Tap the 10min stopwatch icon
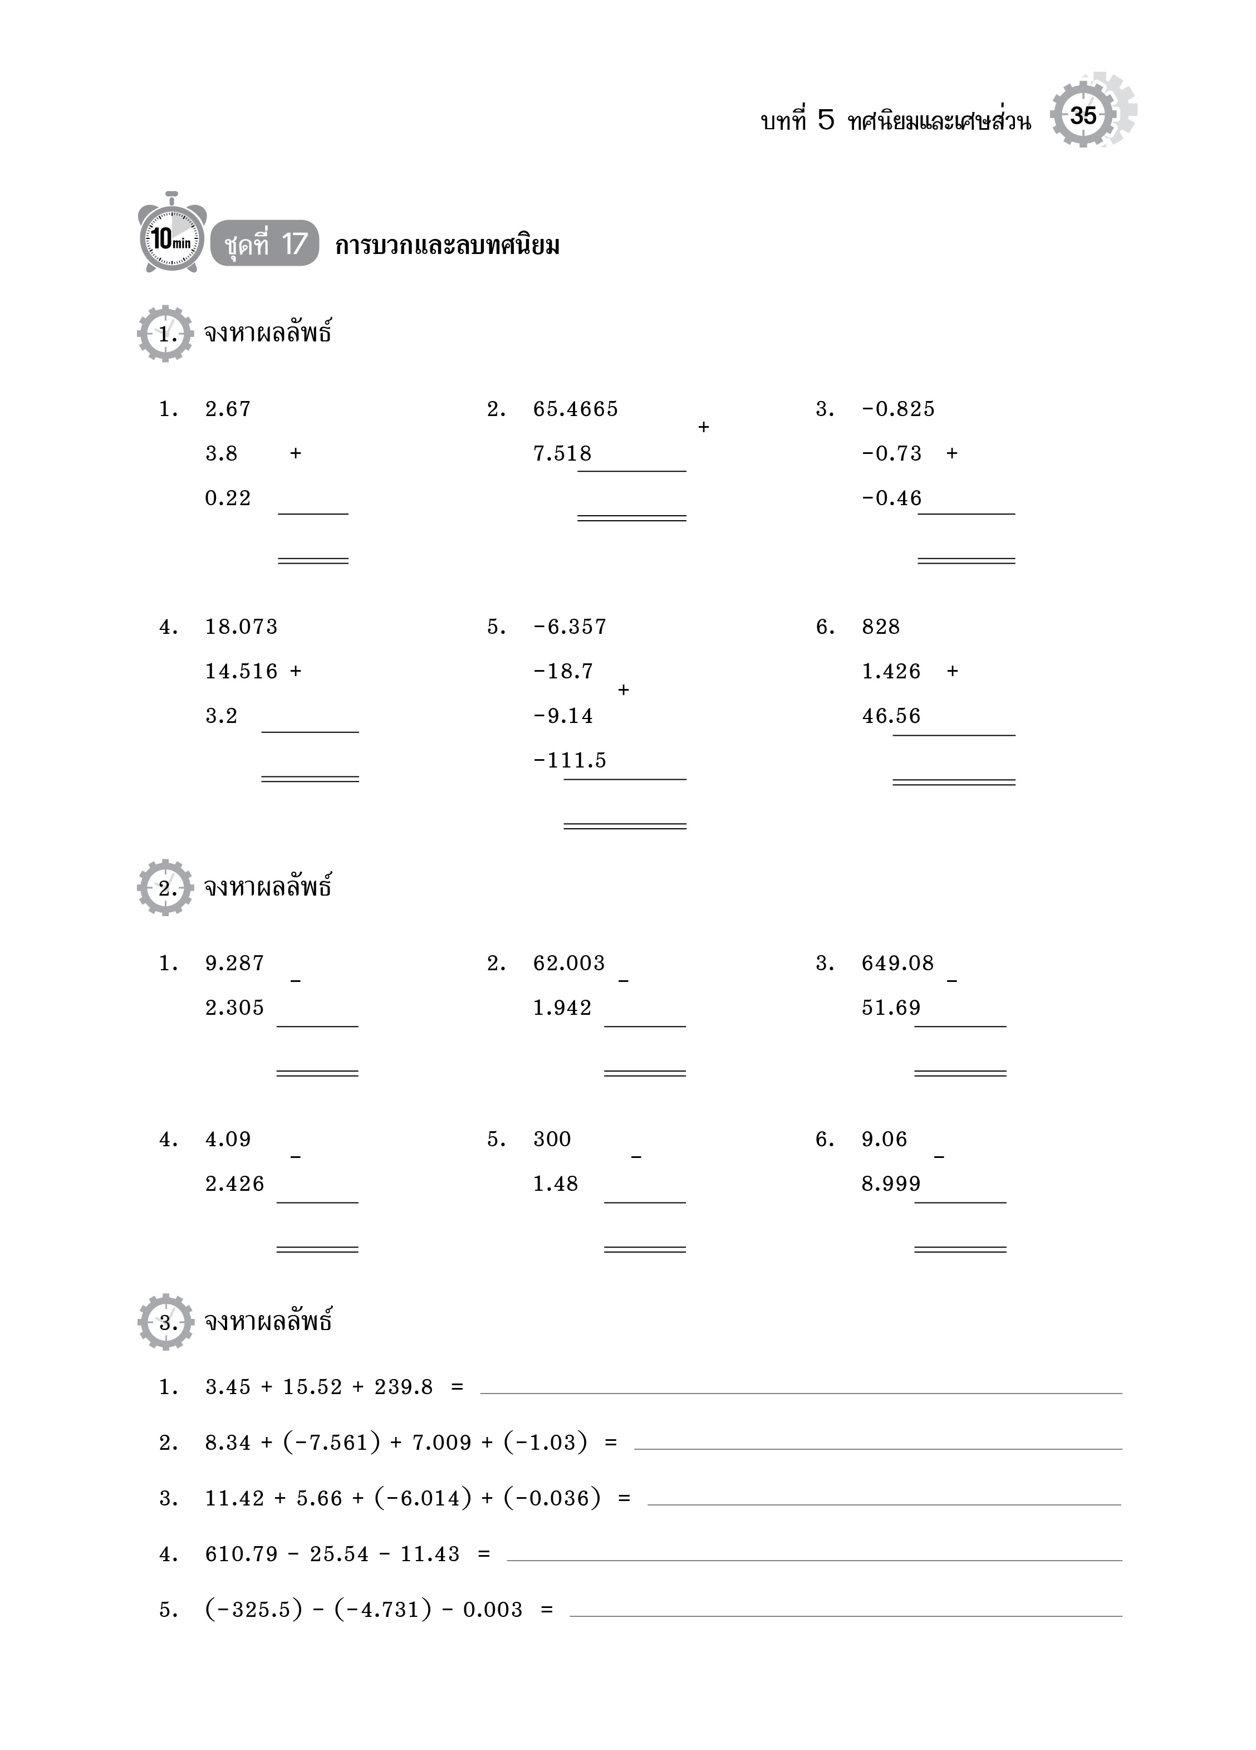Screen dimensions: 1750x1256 click(x=171, y=236)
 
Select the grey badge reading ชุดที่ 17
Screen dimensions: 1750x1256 click(x=264, y=244)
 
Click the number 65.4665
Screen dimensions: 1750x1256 click(x=576, y=409)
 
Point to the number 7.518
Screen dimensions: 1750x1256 click(x=562, y=454)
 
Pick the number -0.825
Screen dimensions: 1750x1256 click(x=898, y=409)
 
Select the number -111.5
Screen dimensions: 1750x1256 click(x=570, y=761)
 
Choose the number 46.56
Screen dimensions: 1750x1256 click(x=891, y=716)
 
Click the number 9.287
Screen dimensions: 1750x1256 click(x=234, y=963)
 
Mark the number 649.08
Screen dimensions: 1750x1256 click(x=898, y=963)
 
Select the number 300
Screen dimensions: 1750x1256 click(x=552, y=1139)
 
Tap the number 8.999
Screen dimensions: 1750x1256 click(x=891, y=1184)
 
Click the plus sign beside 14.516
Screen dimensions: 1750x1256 click(x=296, y=671)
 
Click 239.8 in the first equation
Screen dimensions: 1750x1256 click(x=404, y=1387)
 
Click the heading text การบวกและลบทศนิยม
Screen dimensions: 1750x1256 click(x=448, y=246)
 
